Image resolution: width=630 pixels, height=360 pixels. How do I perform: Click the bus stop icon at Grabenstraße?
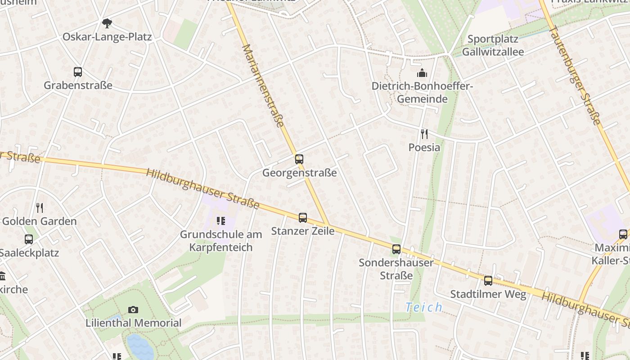pyautogui.click(x=78, y=72)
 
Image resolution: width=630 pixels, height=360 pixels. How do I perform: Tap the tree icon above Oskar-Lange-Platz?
pyautogui.click(x=107, y=23)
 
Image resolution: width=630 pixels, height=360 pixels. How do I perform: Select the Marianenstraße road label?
pyautogui.click(x=263, y=85)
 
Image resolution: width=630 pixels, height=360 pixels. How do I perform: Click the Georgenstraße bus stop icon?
pyautogui.click(x=299, y=159)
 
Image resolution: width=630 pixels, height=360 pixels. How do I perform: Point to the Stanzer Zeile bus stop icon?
pyautogui.click(x=303, y=218)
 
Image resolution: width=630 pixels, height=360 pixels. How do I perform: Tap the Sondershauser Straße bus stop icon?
pyautogui.click(x=396, y=249)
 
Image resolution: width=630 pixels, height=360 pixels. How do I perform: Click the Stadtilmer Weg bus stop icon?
pyautogui.click(x=488, y=281)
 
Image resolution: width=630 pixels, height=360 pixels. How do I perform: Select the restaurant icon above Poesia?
pyautogui.click(x=424, y=134)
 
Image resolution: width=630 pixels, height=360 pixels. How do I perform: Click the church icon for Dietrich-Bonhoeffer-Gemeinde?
pyautogui.click(x=422, y=72)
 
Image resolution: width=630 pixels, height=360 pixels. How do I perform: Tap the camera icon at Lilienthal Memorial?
pyautogui.click(x=133, y=310)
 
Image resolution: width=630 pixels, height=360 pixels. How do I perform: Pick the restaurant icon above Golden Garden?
pyautogui.click(x=40, y=207)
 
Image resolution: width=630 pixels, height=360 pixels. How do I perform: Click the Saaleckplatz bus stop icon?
pyautogui.click(x=29, y=239)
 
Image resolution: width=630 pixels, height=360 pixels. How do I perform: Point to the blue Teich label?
pyautogui.click(x=423, y=307)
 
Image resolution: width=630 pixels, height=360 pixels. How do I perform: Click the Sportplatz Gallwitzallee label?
pyautogui.click(x=493, y=45)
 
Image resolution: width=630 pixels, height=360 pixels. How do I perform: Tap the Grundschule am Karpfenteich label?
pyautogui.click(x=220, y=241)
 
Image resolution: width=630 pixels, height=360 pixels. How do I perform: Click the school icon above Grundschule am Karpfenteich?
pyautogui.click(x=220, y=220)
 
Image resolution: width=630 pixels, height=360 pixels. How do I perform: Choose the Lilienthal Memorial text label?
pyautogui.click(x=134, y=323)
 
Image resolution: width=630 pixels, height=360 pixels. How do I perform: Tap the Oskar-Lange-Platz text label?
pyautogui.click(x=107, y=37)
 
